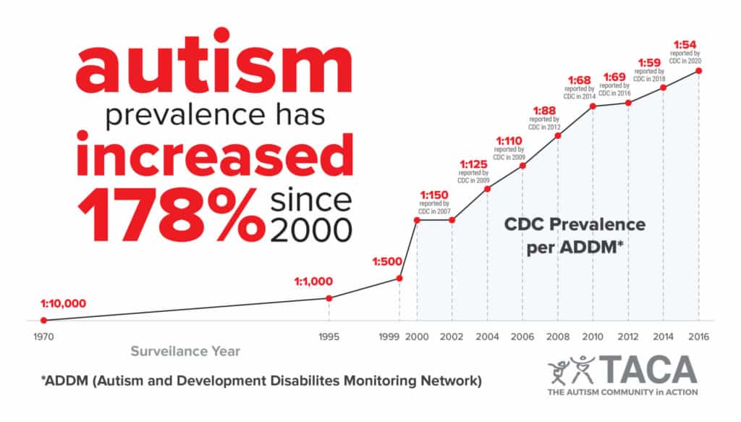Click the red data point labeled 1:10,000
click(43, 320)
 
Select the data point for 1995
click(329, 298)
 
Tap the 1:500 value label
click(387, 261)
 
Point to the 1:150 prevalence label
click(435, 195)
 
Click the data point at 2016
click(698, 70)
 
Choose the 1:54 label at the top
click(687, 43)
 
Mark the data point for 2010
click(593, 106)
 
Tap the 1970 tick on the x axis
click(43, 337)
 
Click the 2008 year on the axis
click(557, 337)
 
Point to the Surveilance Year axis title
click(185, 352)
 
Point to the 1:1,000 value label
click(313, 282)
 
